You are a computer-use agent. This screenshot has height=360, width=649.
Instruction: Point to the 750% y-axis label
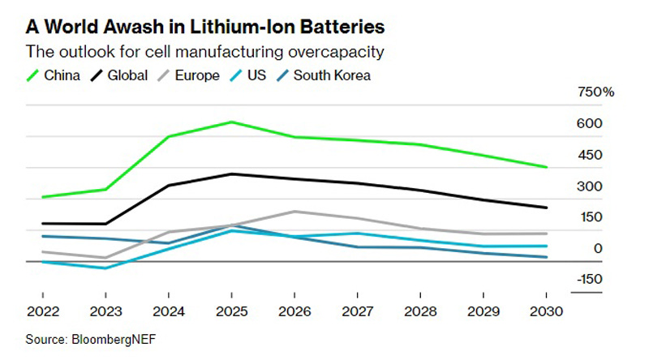pyautogui.click(x=595, y=92)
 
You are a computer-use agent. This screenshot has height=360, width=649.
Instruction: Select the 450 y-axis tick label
pyautogui.click(x=590, y=155)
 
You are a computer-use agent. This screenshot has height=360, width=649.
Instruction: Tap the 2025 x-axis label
pyautogui.click(x=231, y=310)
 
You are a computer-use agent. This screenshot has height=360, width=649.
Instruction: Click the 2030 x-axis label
pyautogui.click(x=546, y=310)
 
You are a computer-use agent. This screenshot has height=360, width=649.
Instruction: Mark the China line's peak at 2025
pyautogui.click(x=232, y=122)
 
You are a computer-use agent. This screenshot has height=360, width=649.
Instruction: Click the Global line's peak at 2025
pyautogui.click(x=232, y=174)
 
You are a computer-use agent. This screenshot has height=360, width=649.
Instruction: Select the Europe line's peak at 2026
pyautogui.click(x=294, y=212)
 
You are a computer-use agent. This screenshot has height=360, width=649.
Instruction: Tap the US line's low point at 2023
pyautogui.click(x=105, y=268)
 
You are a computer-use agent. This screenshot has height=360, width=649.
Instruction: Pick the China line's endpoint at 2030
pyautogui.click(x=546, y=167)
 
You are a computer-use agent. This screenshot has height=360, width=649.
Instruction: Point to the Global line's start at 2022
pyautogui.click(x=42, y=223)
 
